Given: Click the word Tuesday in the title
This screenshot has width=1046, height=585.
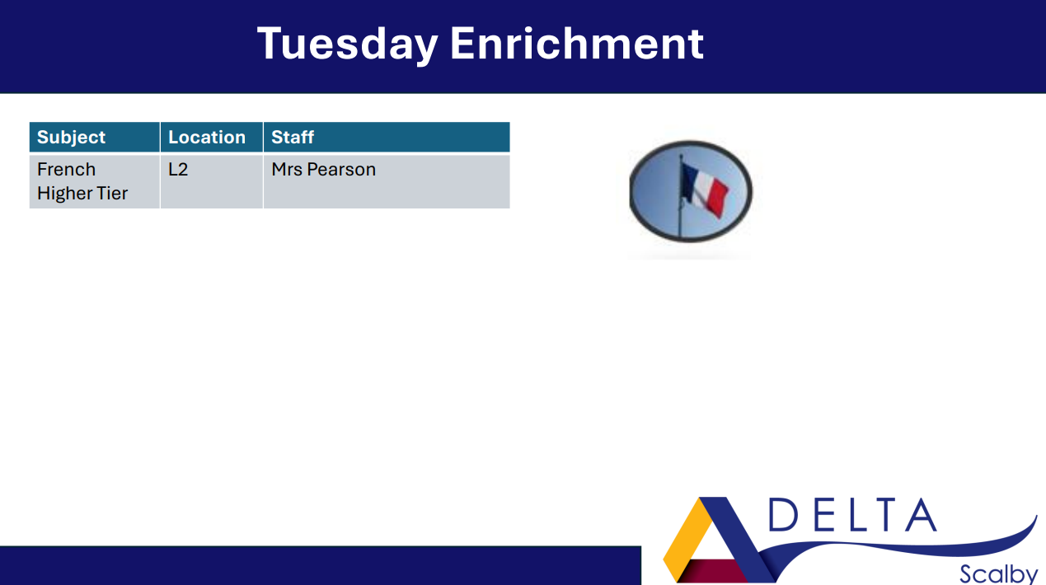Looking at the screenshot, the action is [347, 44].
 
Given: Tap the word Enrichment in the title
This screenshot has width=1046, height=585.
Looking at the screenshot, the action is [577, 43].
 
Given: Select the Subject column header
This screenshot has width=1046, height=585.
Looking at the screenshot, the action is [71, 138].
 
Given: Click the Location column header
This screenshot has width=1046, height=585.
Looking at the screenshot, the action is [207, 138].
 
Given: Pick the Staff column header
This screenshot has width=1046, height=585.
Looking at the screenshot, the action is [293, 138].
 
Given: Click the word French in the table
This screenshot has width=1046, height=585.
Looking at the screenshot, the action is [66, 170].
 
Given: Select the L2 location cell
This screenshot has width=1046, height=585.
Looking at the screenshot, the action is [178, 170].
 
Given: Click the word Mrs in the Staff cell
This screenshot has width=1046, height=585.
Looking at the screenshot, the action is [287, 170].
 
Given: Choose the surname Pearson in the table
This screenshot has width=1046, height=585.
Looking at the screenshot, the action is [341, 170].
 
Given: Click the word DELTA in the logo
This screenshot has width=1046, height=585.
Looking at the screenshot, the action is [852, 515].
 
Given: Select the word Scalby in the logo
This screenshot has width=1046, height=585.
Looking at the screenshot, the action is [998, 573].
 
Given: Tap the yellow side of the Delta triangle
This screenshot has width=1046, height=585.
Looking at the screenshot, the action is [684, 539].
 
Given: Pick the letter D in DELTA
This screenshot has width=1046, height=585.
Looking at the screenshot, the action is [782, 515].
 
